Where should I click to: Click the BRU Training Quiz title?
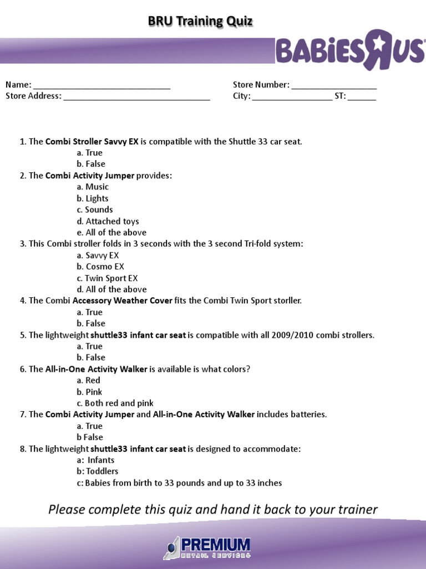pos(200,21)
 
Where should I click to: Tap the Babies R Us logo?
pos(349,50)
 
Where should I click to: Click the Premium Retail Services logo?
pos(207,547)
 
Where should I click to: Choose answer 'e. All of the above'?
pos(111,232)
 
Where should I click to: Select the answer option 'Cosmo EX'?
pos(100,267)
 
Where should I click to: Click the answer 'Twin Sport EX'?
pos(107,278)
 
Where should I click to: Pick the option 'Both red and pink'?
pos(115,403)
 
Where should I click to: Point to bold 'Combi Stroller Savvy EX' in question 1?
pos(92,141)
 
